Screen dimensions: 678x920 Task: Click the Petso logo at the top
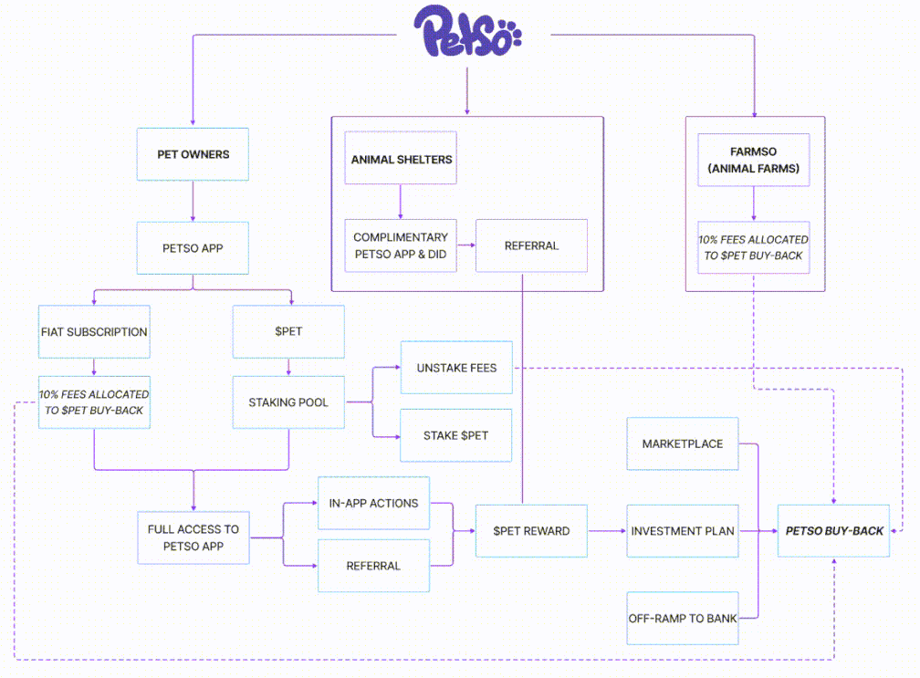pyautogui.click(x=466, y=33)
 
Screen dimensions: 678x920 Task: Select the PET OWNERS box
pyautogui.click(x=193, y=154)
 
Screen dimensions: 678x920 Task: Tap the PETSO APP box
pyautogui.click(x=193, y=246)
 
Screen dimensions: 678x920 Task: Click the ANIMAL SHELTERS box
pyautogui.click(x=402, y=160)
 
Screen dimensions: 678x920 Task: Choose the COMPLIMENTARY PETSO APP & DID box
pyautogui.click(x=401, y=245)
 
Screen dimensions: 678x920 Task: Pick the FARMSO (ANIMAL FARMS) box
pyautogui.click(x=753, y=160)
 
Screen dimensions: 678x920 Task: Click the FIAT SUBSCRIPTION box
pyautogui.click(x=94, y=331)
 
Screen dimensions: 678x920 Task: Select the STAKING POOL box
pyautogui.click(x=288, y=402)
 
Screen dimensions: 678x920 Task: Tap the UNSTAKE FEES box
pyautogui.click(x=456, y=368)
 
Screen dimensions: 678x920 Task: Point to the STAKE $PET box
pyautogui.click(x=456, y=435)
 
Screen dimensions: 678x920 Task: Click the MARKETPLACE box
pyautogui.click(x=682, y=443)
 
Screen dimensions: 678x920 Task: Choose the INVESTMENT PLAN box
pyautogui.click(x=682, y=530)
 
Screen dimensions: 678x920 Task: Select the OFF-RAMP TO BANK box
pyautogui.click(x=682, y=618)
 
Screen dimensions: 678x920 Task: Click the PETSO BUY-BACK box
pyautogui.click(x=834, y=530)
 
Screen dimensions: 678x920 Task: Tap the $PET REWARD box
pyautogui.click(x=531, y=530)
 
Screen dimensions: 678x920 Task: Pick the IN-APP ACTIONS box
pyautogui.click(x=373, y=503)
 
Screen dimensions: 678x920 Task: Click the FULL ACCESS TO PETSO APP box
pyautogui.click(x=193, y=537)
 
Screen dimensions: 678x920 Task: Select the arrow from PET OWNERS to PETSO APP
pyautogui.click(x=193, y=201)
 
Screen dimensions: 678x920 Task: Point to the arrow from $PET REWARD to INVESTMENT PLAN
pyautogui.click(x=607, y=530)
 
